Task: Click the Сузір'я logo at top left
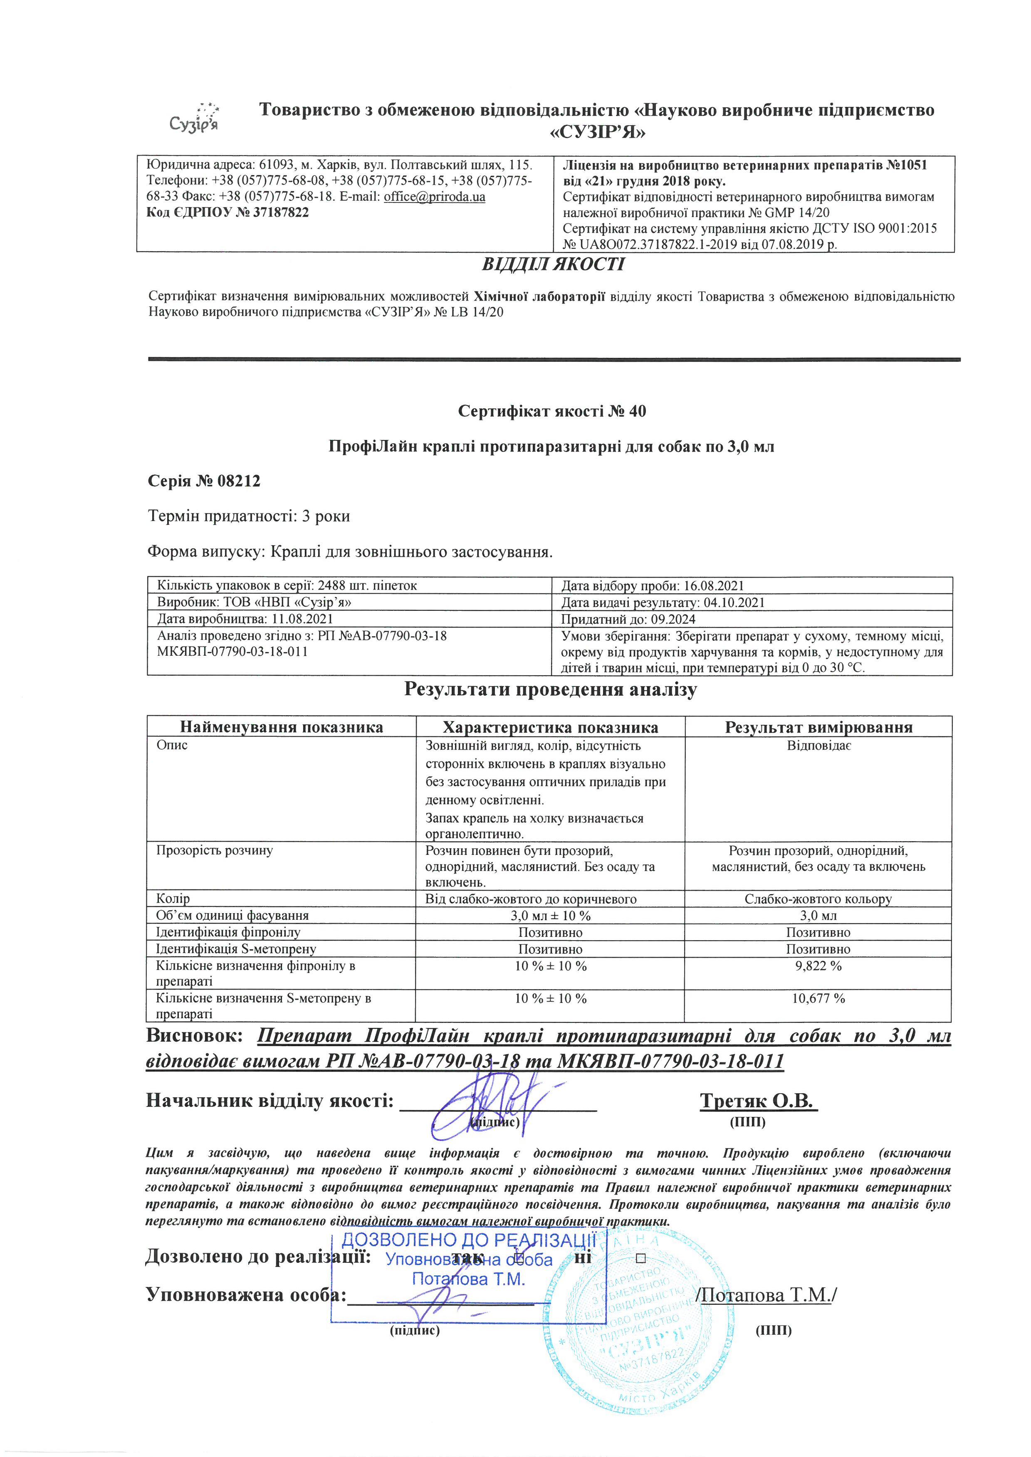click(194, 117)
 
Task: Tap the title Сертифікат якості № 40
click(552, 411)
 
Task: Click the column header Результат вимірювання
click(818, 727)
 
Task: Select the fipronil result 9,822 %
click(818, 966)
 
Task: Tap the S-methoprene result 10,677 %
click(818, 998)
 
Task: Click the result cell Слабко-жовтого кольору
click(818, 899)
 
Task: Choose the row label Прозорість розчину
click(215, 850)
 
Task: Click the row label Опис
click(172, 745)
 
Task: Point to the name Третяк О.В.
click(759, 1101)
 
